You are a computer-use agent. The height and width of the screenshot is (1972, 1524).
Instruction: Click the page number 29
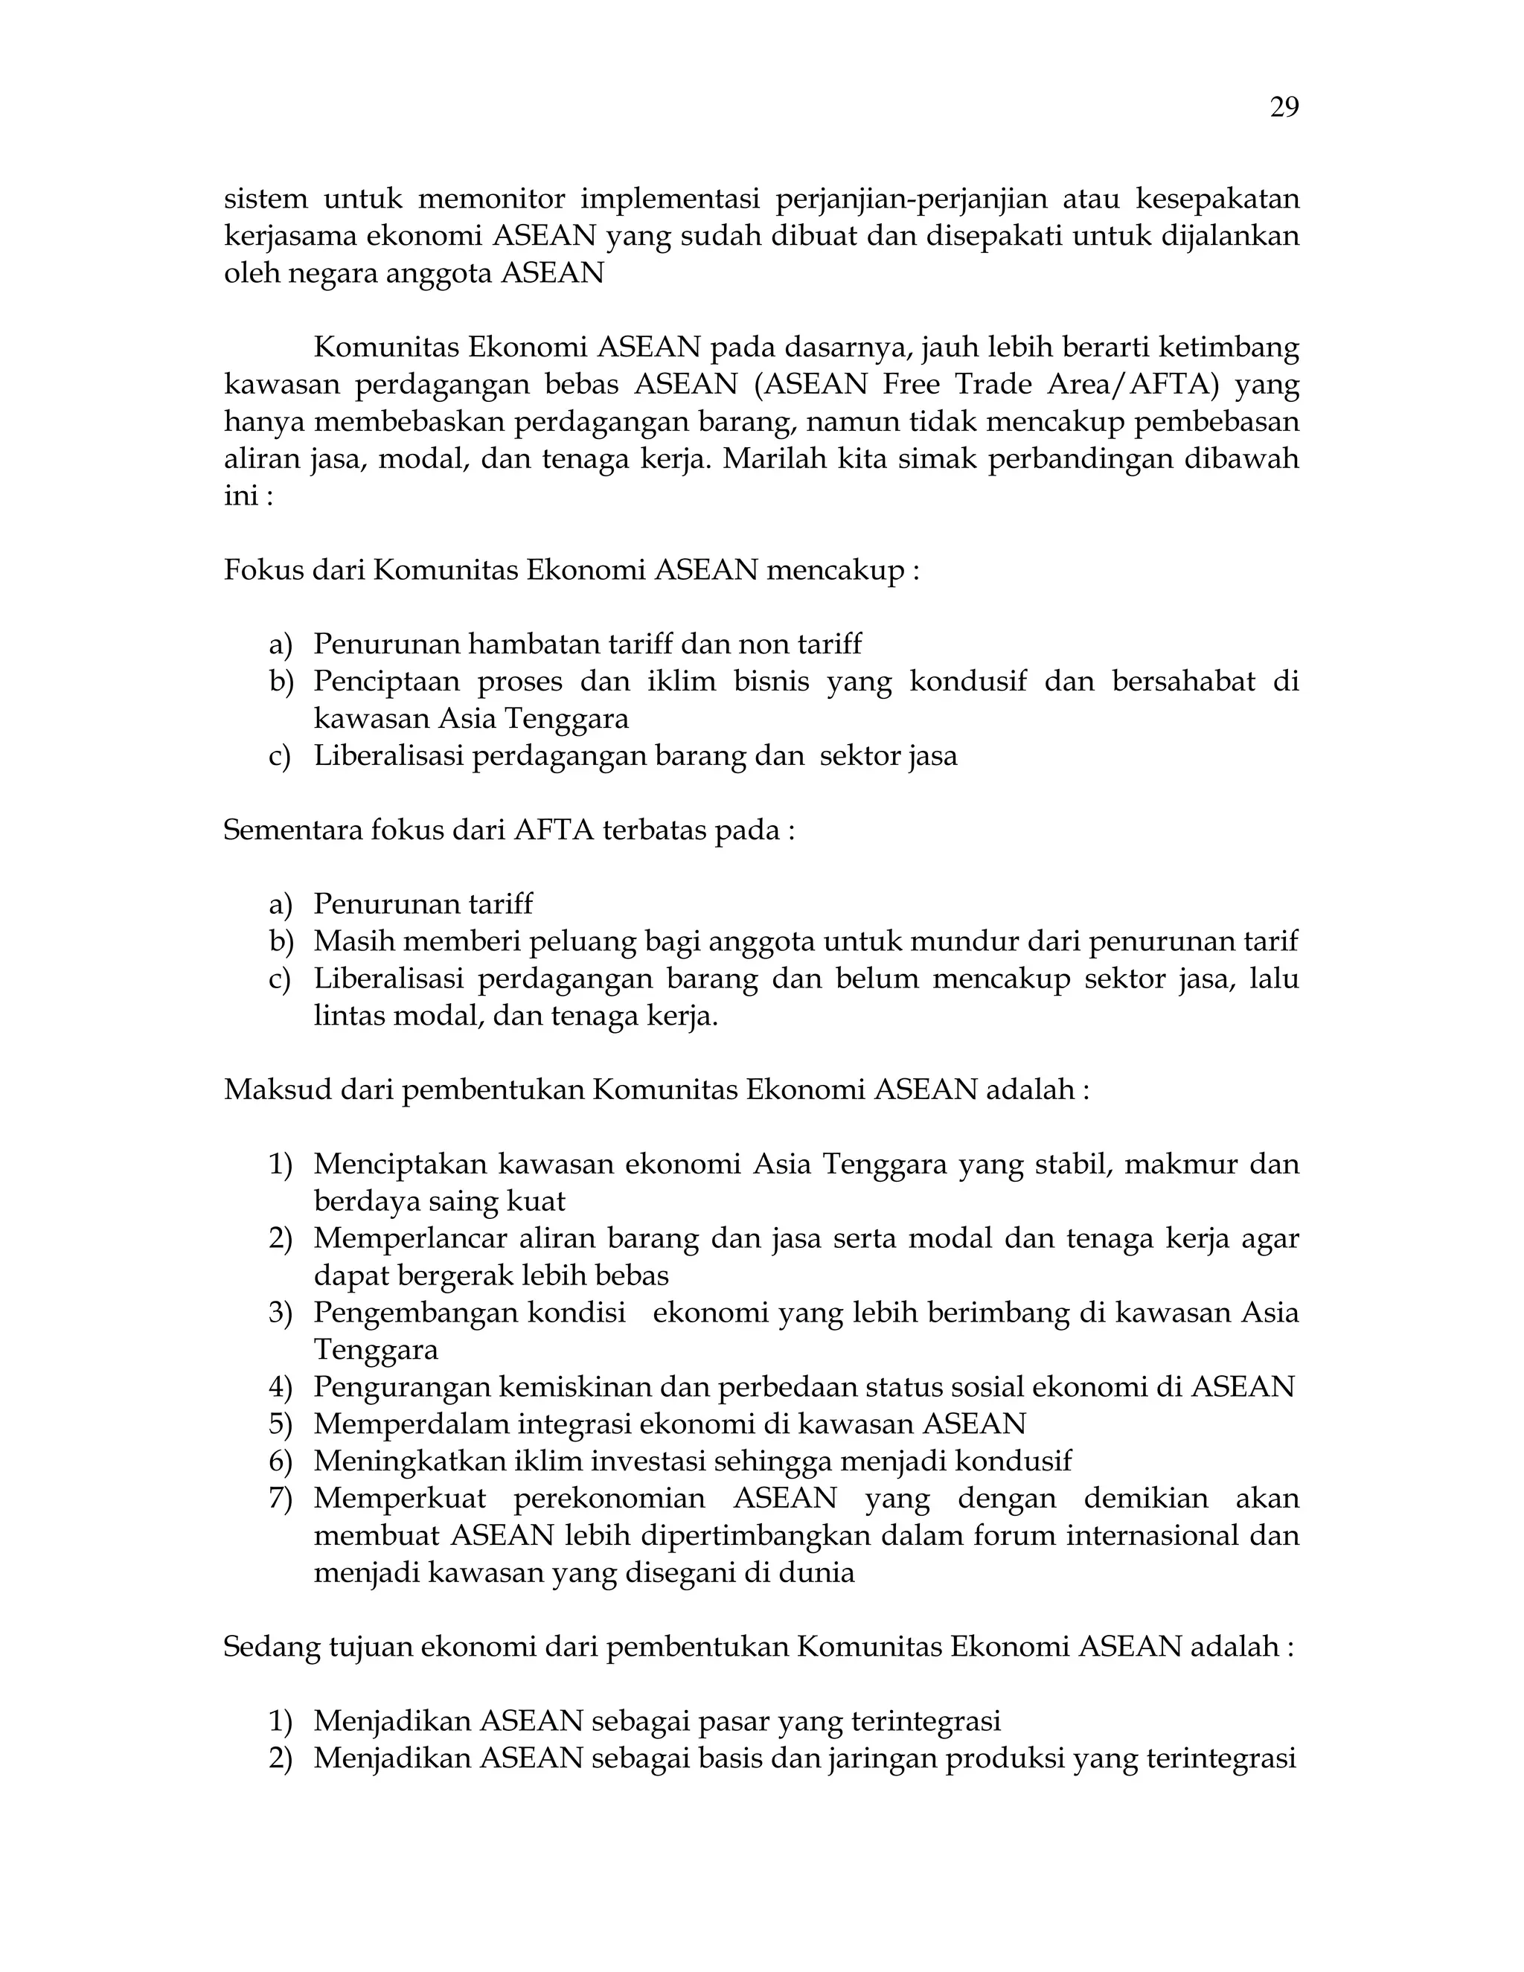pyautogui.click(x=1284, y=109)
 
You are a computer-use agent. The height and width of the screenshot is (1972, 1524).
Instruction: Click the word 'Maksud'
pyautogui.click(x=276, y=1090)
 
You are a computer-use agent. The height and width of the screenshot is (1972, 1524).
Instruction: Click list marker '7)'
pyautogui.click(x=281, y=1498)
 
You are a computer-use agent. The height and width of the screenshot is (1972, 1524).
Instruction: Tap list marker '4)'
pyautogui.click(x=281, y=1387)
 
